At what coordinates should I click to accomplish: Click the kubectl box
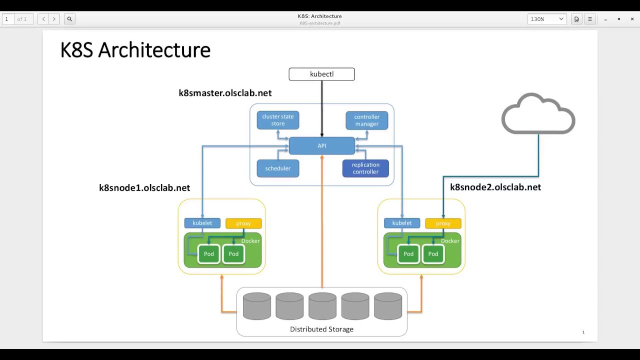[x=321, y=74]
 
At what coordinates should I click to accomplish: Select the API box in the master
[x=321, y=145]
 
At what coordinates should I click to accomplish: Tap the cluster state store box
[x=278, y=120]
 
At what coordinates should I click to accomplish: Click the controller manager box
[x=367, y=120]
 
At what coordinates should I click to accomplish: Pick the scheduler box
[x=278, y=168]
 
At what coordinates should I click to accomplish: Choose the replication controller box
[x=365, y=168]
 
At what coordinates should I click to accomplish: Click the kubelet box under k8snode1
[x=202, y=223]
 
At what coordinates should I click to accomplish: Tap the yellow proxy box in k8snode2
[x=443, y=223]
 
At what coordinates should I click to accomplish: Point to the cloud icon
[x=538, y=113]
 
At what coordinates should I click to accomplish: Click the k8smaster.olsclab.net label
[x=225, y=93]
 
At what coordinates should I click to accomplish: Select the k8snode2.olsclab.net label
[x=495, y=187]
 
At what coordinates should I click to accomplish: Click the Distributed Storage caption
[x=321, y=329]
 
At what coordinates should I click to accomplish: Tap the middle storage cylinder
[x=322, y=306]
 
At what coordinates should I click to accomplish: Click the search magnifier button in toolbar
[x=69, y=19]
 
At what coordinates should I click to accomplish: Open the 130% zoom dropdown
[x=547, y=19]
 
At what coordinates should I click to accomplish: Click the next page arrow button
[x=54, y=19]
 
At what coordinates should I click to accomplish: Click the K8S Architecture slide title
[x=135, y=50]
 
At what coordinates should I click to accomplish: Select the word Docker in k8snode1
[x=250, y=241]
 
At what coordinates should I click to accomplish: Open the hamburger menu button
[x=590, y=19]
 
